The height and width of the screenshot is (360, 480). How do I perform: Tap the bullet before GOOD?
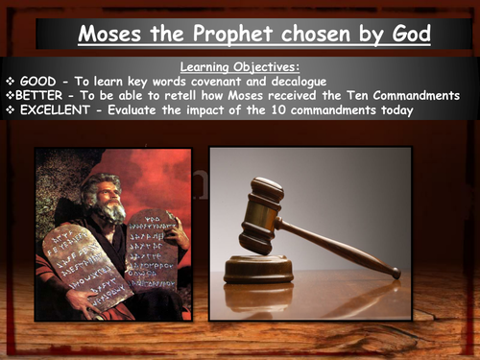[11, 82]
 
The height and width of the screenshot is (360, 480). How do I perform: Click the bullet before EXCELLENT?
[12, 110]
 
